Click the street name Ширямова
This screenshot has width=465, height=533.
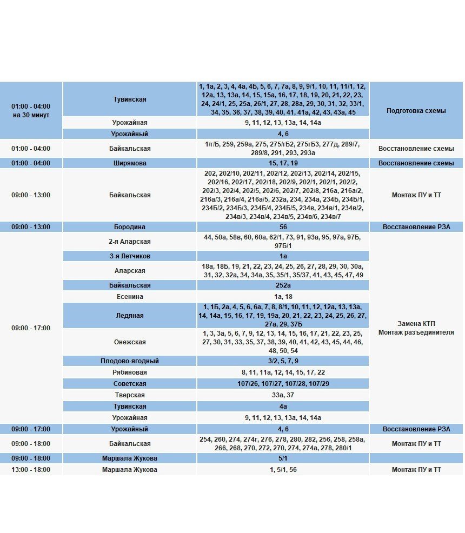pos(130,163)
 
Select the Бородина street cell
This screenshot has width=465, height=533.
pos(130,227)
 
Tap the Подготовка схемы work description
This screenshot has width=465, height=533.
pos(416,111)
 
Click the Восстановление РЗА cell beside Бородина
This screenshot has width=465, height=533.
pos(416,227)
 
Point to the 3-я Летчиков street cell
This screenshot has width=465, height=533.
pos(130,256)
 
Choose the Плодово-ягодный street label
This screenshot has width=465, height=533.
pos(130,361)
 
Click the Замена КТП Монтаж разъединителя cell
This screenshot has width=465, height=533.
pos(416,328)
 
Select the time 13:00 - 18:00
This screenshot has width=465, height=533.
pos(31,470)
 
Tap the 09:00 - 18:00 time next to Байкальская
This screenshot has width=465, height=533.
pos(31,444)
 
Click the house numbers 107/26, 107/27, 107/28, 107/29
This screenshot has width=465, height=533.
pos(283,384)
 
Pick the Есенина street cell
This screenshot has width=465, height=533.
pos(130,297)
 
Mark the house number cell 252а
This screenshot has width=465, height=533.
pos(283,285)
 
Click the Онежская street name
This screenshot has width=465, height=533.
pos(130,342)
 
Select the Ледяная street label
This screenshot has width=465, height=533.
pos(130,316)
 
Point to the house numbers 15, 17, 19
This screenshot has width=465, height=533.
pos(283,163)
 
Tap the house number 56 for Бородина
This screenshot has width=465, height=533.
pos(283,227)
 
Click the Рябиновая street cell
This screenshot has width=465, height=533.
pos(130,372)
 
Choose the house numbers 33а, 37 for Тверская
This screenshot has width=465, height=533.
pos(283,395)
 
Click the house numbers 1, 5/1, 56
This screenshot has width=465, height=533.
pos(283,470)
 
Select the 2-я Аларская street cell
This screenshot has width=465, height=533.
pos(130,242)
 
